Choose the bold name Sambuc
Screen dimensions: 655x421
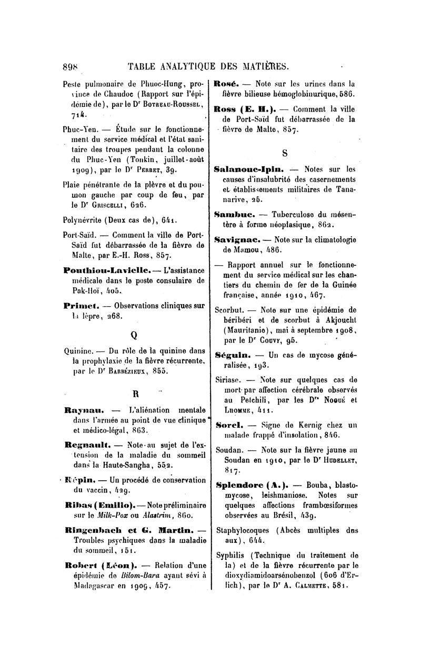[x=234, y=215]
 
